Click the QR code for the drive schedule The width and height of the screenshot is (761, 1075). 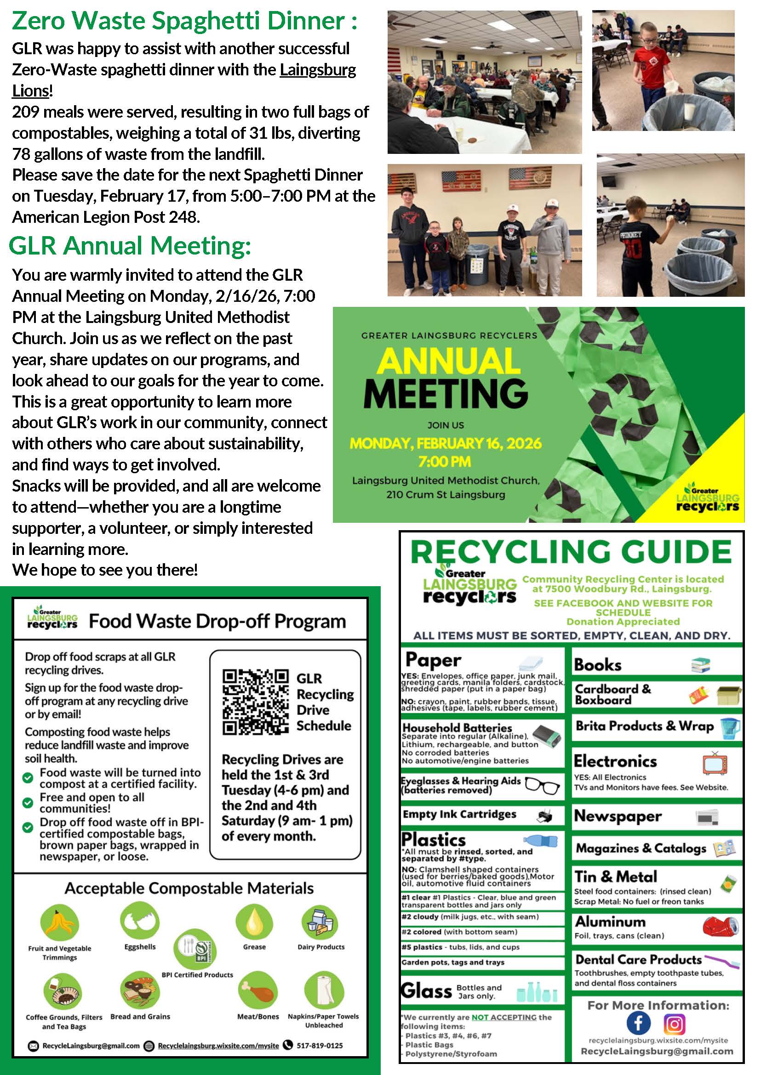pyautogui.click(x=255, y=702)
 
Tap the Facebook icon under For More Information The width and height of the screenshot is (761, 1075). pyautogui.click(x=638, y=1024)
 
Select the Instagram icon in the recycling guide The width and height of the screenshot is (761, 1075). pyautogui.click(x=674, y=1024)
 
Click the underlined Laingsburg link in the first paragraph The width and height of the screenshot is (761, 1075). pyautogui.click(x=318, y=70)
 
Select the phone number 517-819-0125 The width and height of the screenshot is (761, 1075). pyautogui.click(x=320, y=1046)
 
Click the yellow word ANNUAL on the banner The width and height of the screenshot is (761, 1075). pyautogui.click(x=448, y=361)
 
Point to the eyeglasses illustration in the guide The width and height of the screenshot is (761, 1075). pyautogui.click(x=543, y=786)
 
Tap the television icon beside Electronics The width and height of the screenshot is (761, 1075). pyautogui.click(x=715, y=764)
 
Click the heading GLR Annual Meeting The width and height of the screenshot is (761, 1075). pyautogui.click(x=130, y=246)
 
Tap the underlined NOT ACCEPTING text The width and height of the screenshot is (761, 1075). pyautogui.click(x=504, y=1018)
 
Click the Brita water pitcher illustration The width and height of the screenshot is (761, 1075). pyautogui.click(x=730, y=728)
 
